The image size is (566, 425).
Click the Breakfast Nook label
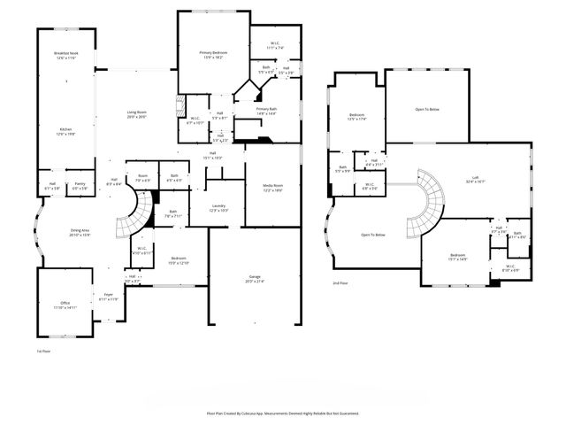coord(65,56)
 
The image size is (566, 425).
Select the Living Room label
coord(135,114)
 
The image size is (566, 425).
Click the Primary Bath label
coord(266,112)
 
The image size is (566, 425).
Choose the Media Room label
coord(272,189)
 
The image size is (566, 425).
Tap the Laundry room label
coord(218,208)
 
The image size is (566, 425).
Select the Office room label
coord(65,305)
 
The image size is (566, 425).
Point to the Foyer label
coord(108,297)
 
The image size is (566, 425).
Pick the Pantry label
coord(80,187)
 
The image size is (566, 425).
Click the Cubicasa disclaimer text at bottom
coord(283,413)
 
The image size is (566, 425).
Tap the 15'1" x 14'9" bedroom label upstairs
coord(457,258)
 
